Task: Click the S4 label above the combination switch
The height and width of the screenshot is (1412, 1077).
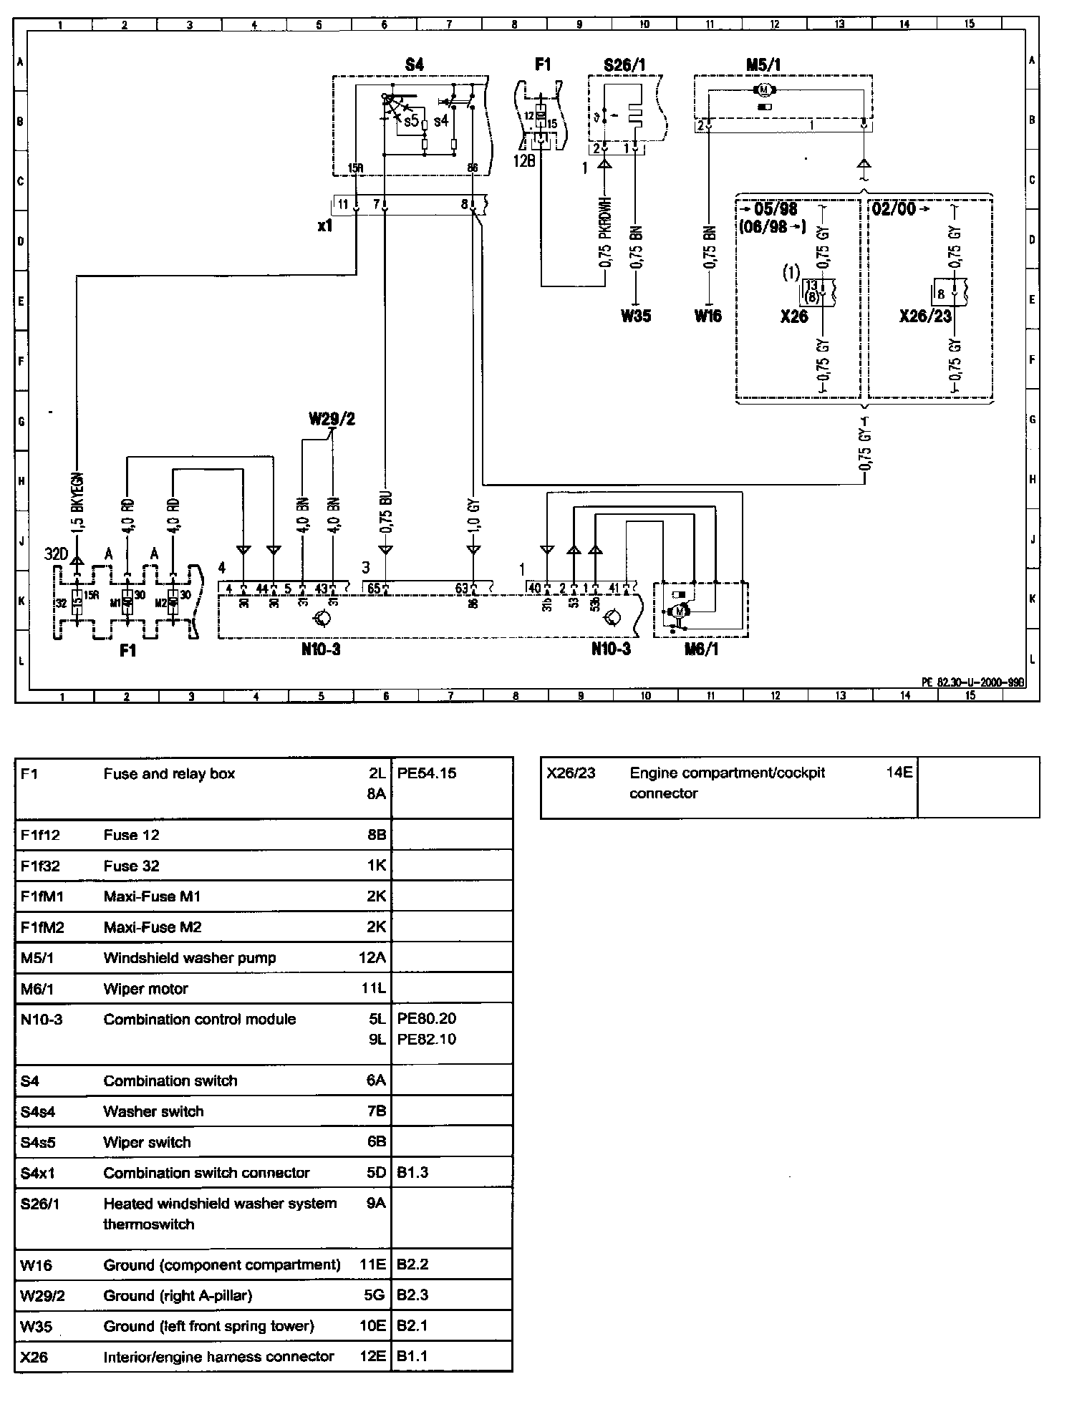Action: (x=414, y=64)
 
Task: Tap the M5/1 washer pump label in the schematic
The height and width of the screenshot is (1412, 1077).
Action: (x=763, y=64)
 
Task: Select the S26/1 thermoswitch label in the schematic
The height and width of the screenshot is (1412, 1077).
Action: (x=624, y=64)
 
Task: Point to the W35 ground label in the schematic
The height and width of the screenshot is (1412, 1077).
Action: (x=636, y=315)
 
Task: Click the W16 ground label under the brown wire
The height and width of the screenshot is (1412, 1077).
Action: (x=708, y=315)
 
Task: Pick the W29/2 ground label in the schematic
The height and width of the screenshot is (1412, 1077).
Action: (x=332, y=419)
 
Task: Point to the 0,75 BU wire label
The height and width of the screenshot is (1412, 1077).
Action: (x=387, y=513)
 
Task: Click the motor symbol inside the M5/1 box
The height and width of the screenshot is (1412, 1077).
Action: (x=763, y=90)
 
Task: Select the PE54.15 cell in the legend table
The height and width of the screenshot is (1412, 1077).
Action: (x=427, y=773)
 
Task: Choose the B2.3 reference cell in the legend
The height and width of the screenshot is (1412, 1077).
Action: (x=412, y=1295)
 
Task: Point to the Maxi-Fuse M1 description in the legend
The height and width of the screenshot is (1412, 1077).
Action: (x=153, y=896)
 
